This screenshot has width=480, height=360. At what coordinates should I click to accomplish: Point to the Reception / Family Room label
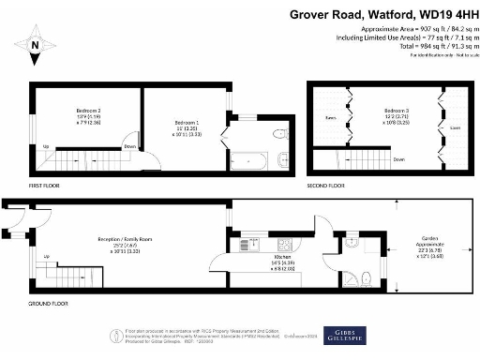tap(126, 239)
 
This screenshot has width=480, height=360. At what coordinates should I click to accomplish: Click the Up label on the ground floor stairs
tap(45, 256)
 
